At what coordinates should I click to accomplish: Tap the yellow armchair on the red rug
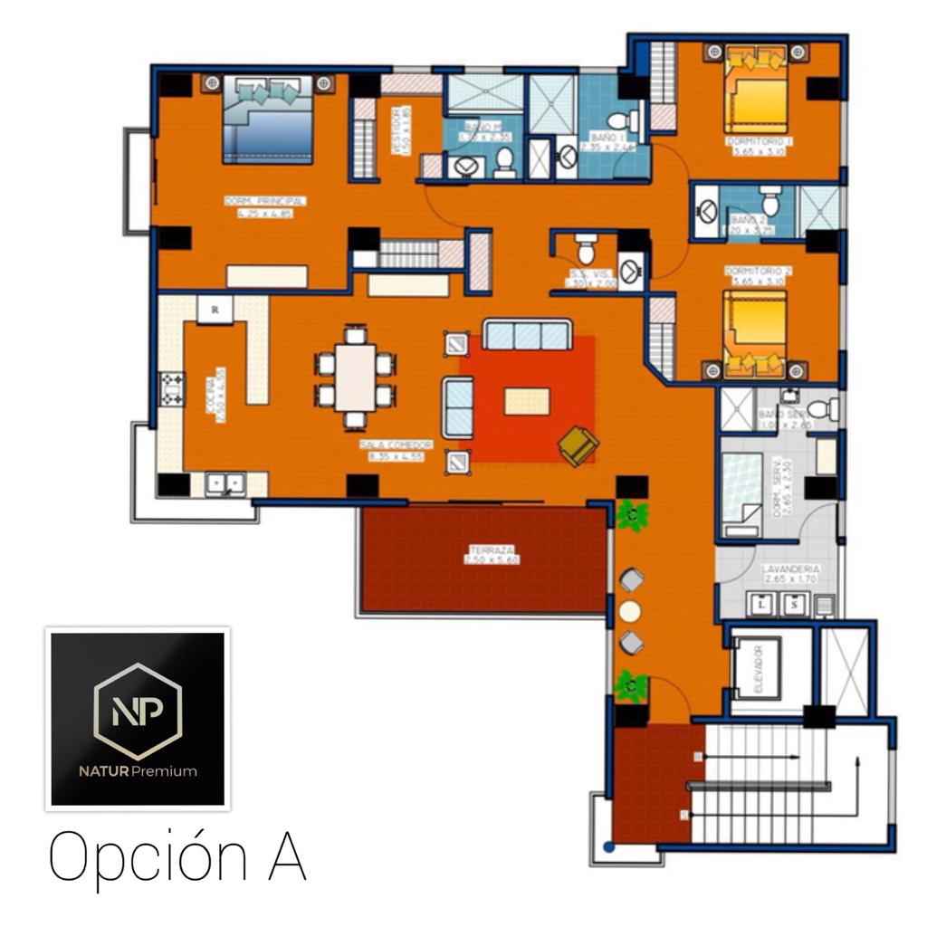pos(577,444)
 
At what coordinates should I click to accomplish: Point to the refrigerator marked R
pos(215,309)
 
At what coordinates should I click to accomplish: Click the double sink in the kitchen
pos(225,483)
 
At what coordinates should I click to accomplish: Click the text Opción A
pos(177,856)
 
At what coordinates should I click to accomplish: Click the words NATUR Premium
pos(137,771)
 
